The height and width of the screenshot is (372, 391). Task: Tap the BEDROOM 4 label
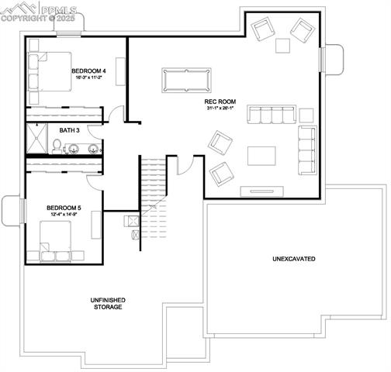89,71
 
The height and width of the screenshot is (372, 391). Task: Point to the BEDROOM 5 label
64,208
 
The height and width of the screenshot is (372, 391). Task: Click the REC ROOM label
220,101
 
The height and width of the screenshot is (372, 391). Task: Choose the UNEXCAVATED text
293,258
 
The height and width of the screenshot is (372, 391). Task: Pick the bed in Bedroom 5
57,240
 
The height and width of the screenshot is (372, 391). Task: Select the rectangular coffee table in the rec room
261,156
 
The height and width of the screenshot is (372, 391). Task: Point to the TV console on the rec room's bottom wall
261,190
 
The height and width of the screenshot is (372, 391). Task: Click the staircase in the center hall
152,186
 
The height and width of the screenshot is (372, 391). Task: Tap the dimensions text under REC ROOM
220,108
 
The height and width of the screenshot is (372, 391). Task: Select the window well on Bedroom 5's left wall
12,209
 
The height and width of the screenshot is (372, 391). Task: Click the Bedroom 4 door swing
116,113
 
